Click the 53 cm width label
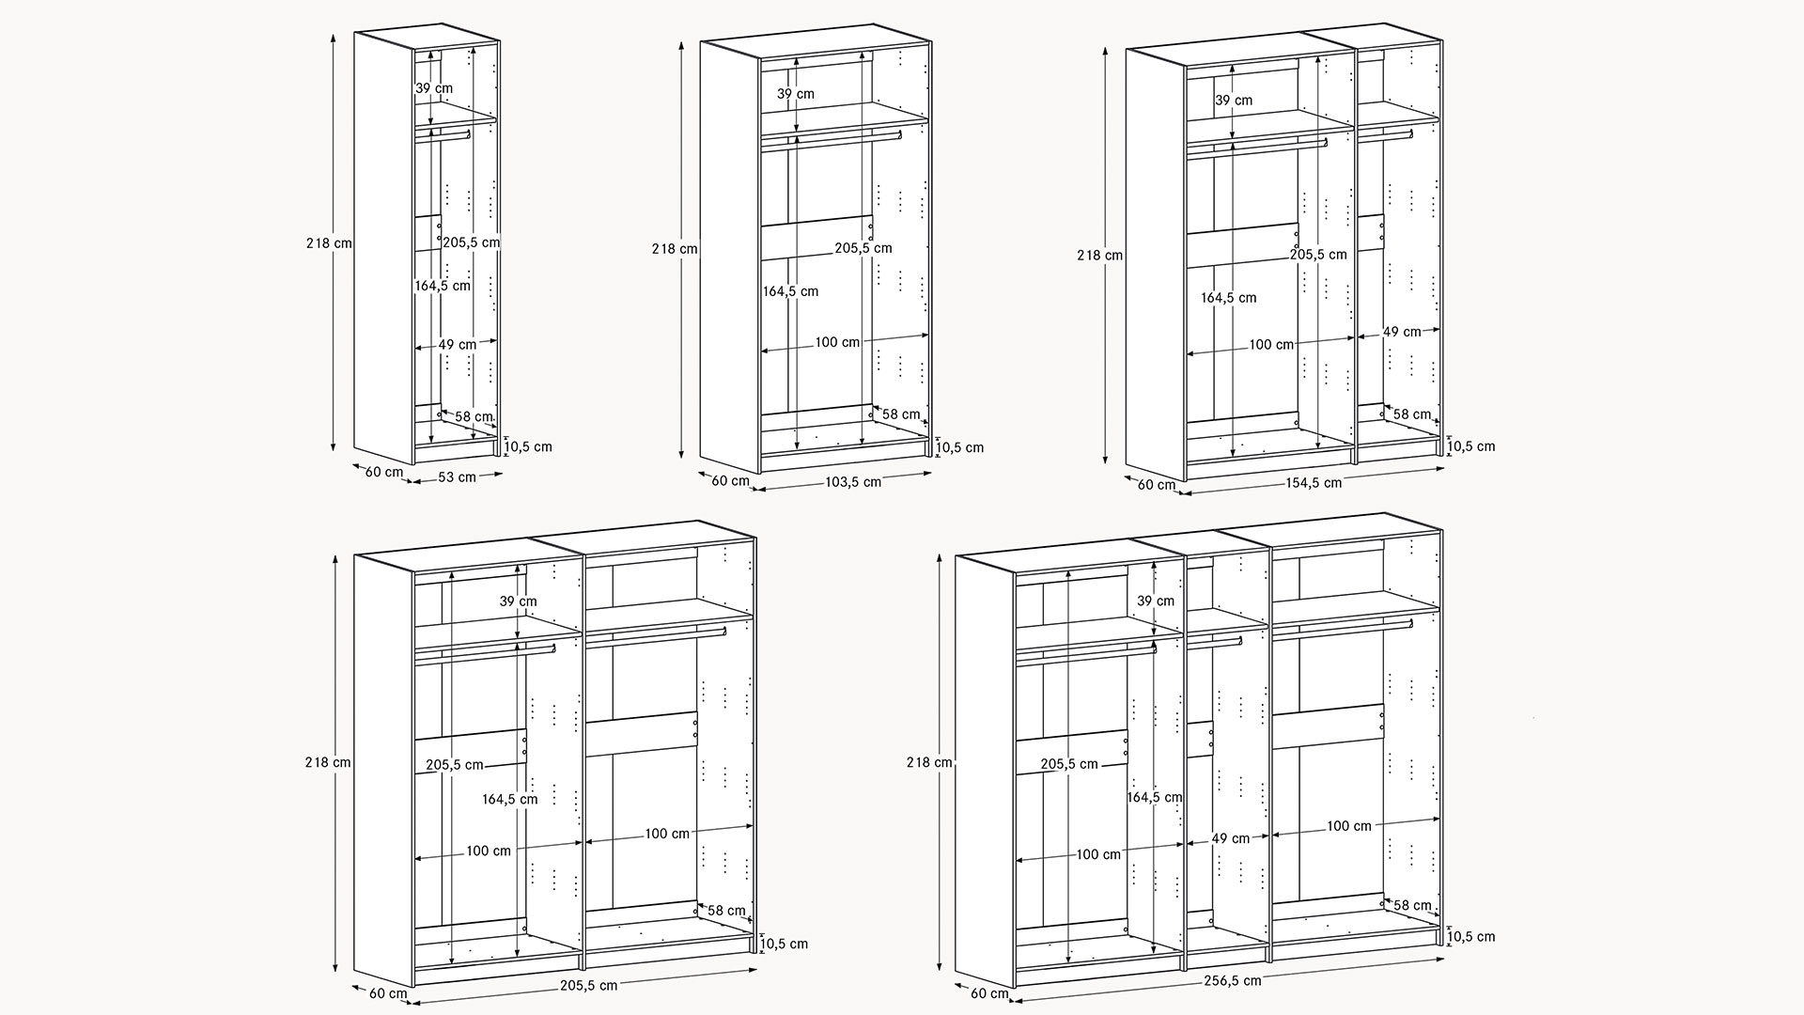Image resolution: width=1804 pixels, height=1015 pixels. tap(458, 476)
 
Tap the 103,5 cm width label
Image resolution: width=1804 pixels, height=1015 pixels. tap(853, 481)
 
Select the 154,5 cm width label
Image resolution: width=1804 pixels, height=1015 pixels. tap(1314, 482)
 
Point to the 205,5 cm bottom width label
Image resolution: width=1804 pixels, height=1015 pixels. tap(589, 985)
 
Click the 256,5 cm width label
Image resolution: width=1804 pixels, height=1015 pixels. tap(1233, 980)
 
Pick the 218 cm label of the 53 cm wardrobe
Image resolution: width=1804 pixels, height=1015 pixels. tap(329, 242)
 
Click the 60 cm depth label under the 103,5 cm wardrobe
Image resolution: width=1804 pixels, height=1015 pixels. tap(730, 481)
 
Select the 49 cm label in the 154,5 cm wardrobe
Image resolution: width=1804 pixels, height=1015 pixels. tap(1402, 331)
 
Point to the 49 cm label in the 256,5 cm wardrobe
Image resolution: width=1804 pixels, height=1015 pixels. tap(1230, 838)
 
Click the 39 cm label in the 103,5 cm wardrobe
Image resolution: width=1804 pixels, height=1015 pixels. tap(796, 94)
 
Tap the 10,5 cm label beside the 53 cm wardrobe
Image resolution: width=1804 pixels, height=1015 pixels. tap(530, 446)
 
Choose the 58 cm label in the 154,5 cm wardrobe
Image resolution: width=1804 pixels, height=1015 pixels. tap(1412, 414)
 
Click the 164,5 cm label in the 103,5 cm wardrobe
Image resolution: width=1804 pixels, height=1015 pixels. tap(790, 291)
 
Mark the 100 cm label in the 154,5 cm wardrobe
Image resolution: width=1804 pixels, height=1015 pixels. tap(1271, 345)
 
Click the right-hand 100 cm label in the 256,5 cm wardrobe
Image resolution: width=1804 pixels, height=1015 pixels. tap(1349, 826)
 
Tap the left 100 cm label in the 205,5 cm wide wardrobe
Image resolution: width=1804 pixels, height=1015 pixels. tap(489, 851)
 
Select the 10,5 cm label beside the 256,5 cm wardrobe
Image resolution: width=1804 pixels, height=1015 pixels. tap(1471, 936)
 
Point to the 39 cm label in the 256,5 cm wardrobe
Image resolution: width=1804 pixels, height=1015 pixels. tap(1156, 601)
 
